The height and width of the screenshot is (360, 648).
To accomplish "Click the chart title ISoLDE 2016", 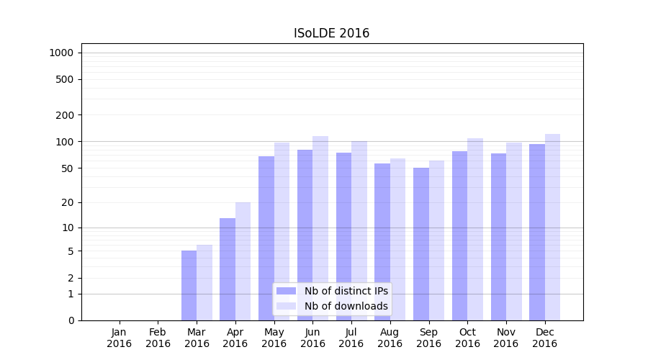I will pos(331,33).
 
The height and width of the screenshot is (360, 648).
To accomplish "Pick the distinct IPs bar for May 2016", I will pos(266,238).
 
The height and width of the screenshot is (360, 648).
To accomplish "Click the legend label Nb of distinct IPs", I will pos(346,291).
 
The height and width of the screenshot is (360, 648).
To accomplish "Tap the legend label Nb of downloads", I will pos(346,306).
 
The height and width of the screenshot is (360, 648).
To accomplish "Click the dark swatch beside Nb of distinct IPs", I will pos(287,291).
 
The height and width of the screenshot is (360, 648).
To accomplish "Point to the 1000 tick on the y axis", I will pos(61,53).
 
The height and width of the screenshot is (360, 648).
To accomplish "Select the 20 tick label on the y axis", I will pos(68,202).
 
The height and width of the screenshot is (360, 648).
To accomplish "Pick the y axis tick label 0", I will pos(71,320).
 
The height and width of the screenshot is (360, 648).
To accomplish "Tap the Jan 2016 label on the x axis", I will pos(120,338).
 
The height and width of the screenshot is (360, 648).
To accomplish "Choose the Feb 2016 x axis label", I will pos(158,338).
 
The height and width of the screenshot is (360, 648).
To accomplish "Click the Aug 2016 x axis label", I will pos(390,338).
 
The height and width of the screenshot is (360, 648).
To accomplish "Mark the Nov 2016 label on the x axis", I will pos(506,338).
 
